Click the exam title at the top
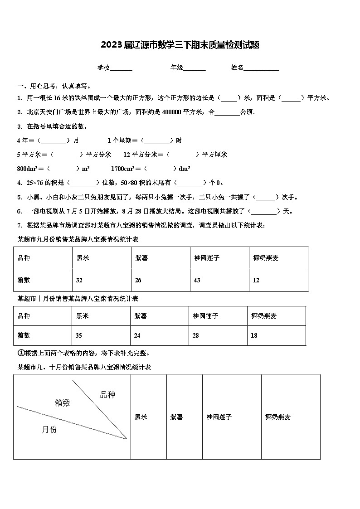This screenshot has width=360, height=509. (x=180, y=45)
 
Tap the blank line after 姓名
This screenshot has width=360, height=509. (x=262, y=68)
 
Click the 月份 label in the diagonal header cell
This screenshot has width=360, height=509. (x=49, y=430)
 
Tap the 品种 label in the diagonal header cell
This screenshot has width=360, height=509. (x=107, y=395)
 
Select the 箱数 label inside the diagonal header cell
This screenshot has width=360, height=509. (x=63, y=402)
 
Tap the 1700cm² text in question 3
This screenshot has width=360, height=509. (x=122, y=169)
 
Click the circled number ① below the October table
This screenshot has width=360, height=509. (x=20, y=353)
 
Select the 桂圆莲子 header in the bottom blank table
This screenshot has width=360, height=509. (x=219, y=417)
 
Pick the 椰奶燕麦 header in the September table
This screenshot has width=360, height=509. (x=266, y=258)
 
